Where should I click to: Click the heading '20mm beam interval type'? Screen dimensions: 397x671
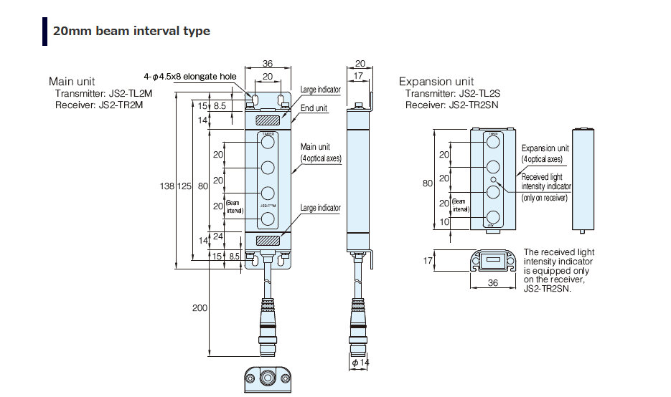[131, 31]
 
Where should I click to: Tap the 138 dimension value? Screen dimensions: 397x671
[166, 186]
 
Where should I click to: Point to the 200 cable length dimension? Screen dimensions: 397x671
[200, 307]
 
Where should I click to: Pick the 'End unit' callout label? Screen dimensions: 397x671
[314, 108]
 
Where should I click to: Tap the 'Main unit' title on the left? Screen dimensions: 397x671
[72, 82]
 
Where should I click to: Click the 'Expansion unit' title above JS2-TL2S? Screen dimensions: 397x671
[436, 82]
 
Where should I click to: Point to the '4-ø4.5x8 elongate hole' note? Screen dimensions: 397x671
[189, 77]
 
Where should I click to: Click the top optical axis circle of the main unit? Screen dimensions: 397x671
[268, 143]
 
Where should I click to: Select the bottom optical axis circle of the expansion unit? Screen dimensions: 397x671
[493, 217]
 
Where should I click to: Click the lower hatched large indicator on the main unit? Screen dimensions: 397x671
[268, 241]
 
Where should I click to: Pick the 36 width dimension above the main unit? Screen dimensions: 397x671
[267, 64]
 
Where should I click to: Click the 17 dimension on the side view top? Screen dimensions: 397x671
[358, 76]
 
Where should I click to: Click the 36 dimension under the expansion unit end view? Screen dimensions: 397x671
[492, 283]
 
